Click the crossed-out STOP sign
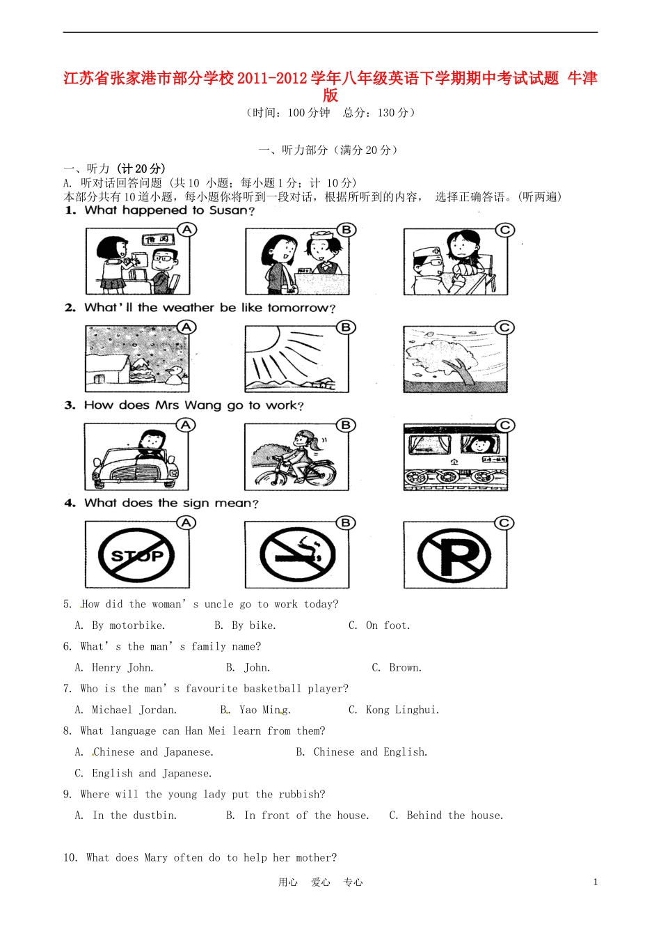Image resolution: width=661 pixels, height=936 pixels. (x=137, y=555)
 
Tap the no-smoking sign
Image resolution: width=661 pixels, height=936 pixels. (x=297, y=555)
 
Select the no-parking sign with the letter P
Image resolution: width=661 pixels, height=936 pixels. (x=455, y=556)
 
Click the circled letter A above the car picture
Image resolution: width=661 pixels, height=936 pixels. (x=186, y=425)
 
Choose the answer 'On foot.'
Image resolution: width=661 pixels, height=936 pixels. (x=388, y=625)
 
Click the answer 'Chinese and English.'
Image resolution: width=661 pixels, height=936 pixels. (x=370, y=752)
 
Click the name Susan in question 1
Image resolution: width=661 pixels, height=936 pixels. (x=228, y=210)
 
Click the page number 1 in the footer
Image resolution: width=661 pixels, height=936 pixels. (x=596, y=882)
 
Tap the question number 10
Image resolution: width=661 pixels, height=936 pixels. (x=70, y=858)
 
